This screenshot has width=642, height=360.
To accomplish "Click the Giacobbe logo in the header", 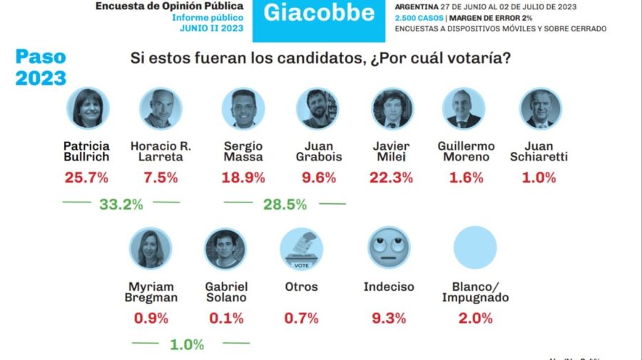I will pos(318,14).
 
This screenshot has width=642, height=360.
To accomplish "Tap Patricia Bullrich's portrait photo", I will pos(88,108).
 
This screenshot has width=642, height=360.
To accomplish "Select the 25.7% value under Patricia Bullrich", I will pos(86,178).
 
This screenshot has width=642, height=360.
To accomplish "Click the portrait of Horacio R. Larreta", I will pos(160,108).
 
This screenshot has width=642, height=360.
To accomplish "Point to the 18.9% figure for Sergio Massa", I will pos(243,178).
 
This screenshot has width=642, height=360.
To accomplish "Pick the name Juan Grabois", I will pos(318,151).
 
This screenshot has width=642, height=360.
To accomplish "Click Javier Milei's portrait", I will pos(392,108).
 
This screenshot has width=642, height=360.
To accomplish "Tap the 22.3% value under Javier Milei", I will pos(391,178).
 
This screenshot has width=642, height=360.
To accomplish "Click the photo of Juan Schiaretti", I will pos(540,108).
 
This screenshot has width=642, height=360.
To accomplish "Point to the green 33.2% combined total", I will pos(121,205).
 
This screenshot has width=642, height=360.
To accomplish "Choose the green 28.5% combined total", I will pos(285,205).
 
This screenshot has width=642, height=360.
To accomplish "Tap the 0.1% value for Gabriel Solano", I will pos(226,318).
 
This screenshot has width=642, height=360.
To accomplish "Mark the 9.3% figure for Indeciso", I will pos(389,318).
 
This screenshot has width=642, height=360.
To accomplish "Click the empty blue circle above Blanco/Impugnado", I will pos(475,247).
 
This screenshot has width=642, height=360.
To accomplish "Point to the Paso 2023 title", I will pos(41,68).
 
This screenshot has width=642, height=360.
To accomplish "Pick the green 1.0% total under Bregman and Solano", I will pos(187,344).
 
